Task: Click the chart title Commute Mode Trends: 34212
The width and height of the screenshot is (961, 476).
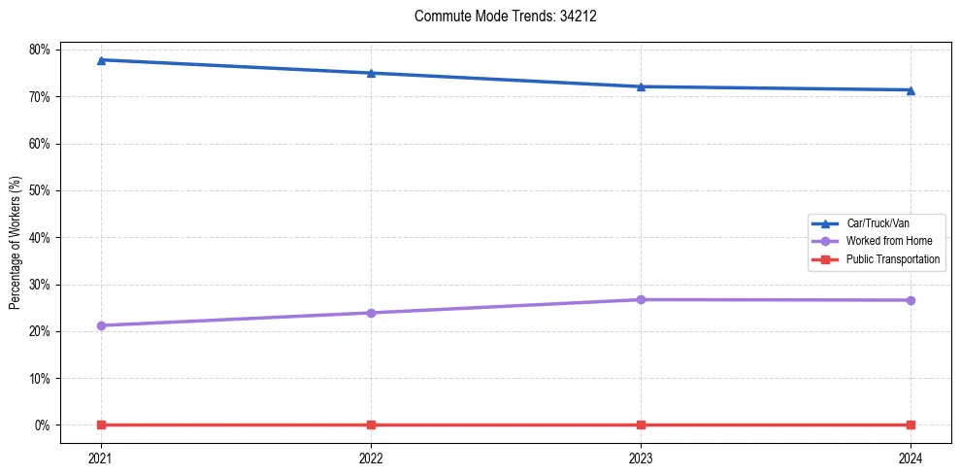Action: [x=498, y=17]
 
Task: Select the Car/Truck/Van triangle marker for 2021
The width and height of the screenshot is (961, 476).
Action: [x=101, y=60]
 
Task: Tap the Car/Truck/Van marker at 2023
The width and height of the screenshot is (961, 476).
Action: [x=641, y=86]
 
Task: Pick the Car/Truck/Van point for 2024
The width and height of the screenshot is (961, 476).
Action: [x=911, y=90]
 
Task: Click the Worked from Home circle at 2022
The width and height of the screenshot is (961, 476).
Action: [x=371, y=313]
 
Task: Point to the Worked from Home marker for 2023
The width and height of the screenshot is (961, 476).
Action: [x=641, y=299]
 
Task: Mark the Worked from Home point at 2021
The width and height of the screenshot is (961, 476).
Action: [x=101, y=325]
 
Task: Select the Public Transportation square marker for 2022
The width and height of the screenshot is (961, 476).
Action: [x=371, y=425]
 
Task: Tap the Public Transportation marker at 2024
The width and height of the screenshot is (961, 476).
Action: [x=911, y=425]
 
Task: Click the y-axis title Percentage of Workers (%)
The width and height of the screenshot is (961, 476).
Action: [x=16, y=241]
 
